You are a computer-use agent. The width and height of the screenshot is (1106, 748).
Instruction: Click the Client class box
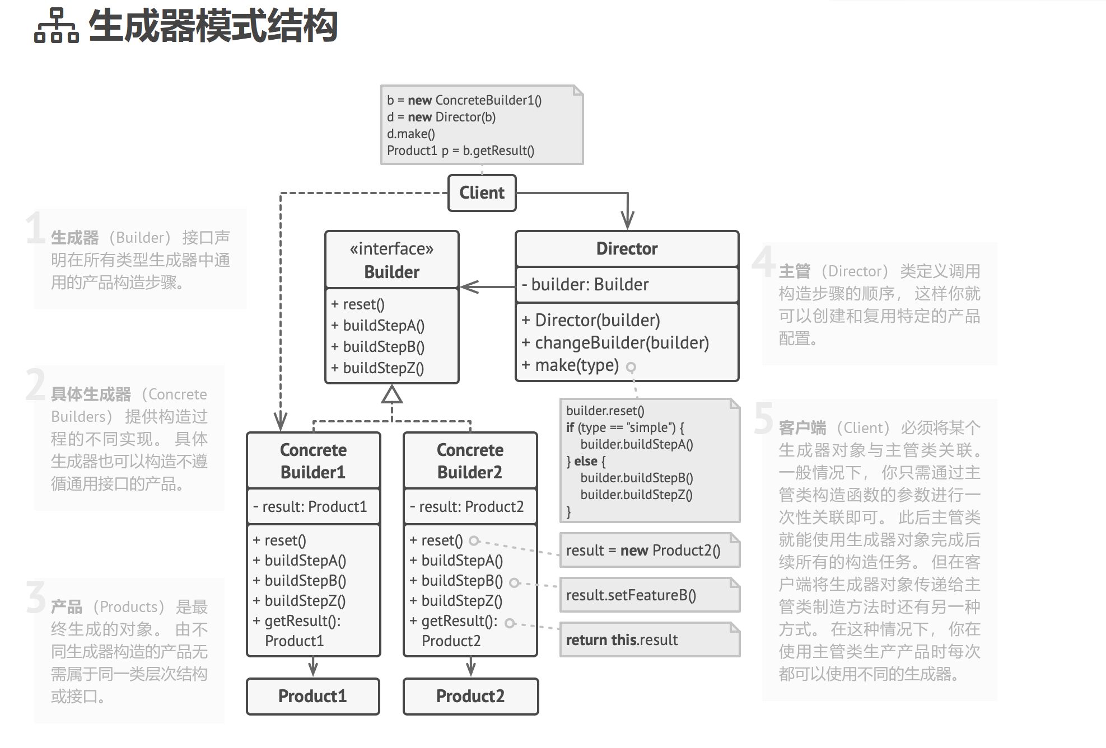482,193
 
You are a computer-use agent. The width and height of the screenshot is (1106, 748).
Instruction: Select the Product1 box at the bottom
312,696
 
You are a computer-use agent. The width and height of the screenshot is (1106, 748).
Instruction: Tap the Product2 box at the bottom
470,696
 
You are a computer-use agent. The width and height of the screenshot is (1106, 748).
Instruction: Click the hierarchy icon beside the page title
56,26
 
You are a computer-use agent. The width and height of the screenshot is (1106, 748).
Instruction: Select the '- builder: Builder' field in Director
585,285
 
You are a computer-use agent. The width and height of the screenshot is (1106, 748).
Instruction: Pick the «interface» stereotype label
391,248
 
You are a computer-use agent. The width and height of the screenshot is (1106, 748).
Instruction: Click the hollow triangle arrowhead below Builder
391,395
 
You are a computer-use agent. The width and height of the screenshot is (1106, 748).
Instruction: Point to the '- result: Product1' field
310,507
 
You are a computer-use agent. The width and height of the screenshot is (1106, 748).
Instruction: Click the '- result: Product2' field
467,507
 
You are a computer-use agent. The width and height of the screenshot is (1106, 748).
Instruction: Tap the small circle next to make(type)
631,368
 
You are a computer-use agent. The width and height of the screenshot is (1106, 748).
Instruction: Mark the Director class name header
627,249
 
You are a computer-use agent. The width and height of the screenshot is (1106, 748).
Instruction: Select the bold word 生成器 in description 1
74,238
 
